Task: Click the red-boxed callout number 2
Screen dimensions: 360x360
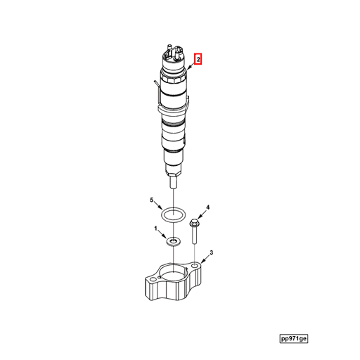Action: pyautogui.click(x=198, y=60)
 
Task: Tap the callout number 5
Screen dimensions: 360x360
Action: pyautogui.click(x=150, y=201)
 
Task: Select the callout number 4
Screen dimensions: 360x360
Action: pyautogui.click(x=207, y=208)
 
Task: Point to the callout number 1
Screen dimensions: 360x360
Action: pyautogui.click(x=156, y=229)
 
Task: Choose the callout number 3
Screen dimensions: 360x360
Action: pyautogui.click(x=211, y=252)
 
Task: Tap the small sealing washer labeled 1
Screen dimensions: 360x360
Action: pyautogui.click(x=173, y=241)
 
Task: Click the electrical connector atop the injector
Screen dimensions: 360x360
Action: pyautogui.click(x=173, y=52)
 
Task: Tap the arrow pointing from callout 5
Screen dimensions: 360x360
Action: pyautogui.click(x=158, y=205)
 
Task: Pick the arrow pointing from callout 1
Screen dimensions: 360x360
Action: pyautogui.click(x=162, y=234)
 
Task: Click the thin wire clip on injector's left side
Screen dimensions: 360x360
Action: pyautogui.click(x=153, y=88)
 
